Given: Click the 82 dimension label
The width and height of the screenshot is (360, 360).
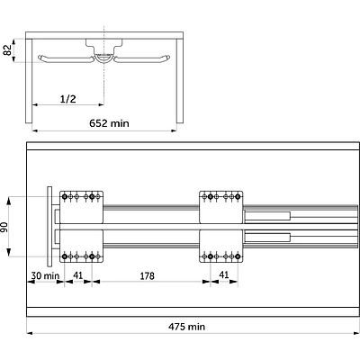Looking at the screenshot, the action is pyautogui.click(x=8, y=50).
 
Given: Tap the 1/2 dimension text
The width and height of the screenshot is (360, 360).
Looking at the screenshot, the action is pyautogui.click(x=68, y=99).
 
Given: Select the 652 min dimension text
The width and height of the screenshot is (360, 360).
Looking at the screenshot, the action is pyautogui.click(x=109, y=123).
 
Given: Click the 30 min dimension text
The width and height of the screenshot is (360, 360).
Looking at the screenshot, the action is pyautogui.click(x=45, y=275).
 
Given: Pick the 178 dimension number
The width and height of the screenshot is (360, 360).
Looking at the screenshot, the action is pyautogui.click(x=147, y=275).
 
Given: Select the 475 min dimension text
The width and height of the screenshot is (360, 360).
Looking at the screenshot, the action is pyautogui.click(x=186, y=327).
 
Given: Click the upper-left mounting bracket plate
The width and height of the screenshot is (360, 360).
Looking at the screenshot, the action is pyautogui.click(x=81, y=207).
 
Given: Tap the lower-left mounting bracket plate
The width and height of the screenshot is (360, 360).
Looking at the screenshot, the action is pyautogui.click(x=81, y=246).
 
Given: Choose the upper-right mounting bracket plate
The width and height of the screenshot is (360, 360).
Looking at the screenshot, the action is pyautogui.click(x=221, y=207).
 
